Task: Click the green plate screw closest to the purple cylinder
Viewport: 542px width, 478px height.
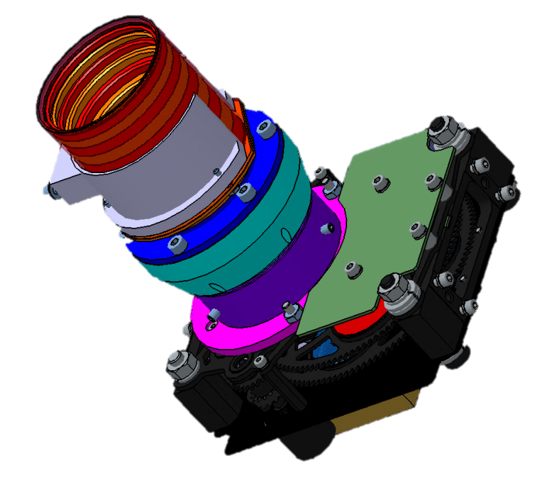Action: [350, 267]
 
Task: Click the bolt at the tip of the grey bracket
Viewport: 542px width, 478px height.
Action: [47, 190]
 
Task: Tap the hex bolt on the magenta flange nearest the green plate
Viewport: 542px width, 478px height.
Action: [290, 309]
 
